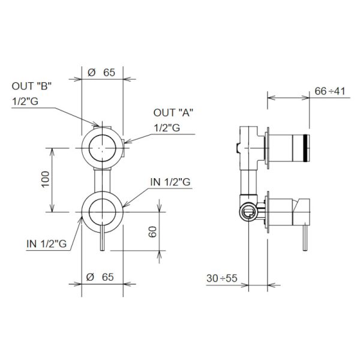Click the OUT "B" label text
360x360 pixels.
(x=32, y=86)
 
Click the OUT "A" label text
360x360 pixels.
(x=173, y=113)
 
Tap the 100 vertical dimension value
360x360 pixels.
(x=46, y=179)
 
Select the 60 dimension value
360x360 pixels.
(x=152, y=232)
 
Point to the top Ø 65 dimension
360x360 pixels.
(x=101, y=73)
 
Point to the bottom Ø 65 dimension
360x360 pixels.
(x=100, y=277)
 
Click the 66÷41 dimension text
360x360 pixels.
(x=329, y=91)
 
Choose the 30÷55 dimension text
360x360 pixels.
(x=222, y=278)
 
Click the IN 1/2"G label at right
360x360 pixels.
(x=170, y=182)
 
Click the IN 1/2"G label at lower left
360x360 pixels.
(x=47, y=244)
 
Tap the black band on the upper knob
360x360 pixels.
(x=305, y=148)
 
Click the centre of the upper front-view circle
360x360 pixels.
(x=102, y=148)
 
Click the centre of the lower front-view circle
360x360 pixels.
(x=102, y=212)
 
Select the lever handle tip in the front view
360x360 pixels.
(x=103, y=249)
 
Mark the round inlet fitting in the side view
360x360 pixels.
(x=248, y=211)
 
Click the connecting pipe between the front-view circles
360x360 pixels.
(x=102, y=181)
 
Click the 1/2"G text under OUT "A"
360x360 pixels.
(x=167, y=128)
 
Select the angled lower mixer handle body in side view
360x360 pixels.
(x=301, y=212)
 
